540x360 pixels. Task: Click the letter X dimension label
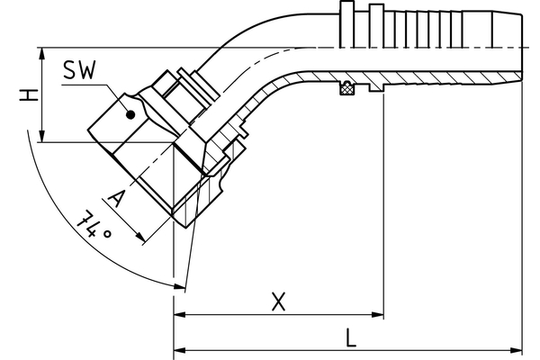click(279, 302)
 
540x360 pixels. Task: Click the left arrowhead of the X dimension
click(178, 315)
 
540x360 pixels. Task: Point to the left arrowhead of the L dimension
click(178, 348)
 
